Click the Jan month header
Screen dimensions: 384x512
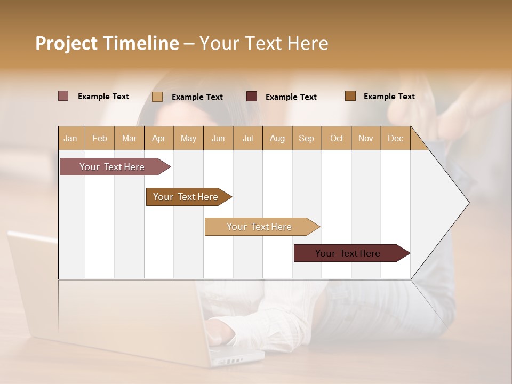click(70, 138)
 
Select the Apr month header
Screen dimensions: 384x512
click(158, 138)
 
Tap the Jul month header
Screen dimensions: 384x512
click(247, 138)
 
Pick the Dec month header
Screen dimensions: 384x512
click(395, 138)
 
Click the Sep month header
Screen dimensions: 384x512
click(306, 138)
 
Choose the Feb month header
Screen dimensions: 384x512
click(100, 138)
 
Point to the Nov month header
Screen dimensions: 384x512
click(365, 138)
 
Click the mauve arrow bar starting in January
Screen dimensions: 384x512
click(113, 167)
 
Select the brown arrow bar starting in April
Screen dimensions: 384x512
click(186, 197)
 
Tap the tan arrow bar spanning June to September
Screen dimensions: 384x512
click(259, 227)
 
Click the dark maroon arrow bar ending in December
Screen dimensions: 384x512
click(348, 253)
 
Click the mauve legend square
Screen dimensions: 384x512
click(63, 96)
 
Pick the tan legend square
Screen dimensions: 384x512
click(157, 97)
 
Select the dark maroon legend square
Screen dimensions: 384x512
click(252, 97)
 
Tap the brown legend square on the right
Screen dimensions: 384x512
click(350, 96)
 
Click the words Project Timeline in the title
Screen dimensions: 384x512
click(107, 43)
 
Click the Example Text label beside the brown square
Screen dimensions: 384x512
click(389, 97)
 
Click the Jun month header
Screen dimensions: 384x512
click(218, 138)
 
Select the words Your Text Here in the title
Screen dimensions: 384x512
click(263, 43)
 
